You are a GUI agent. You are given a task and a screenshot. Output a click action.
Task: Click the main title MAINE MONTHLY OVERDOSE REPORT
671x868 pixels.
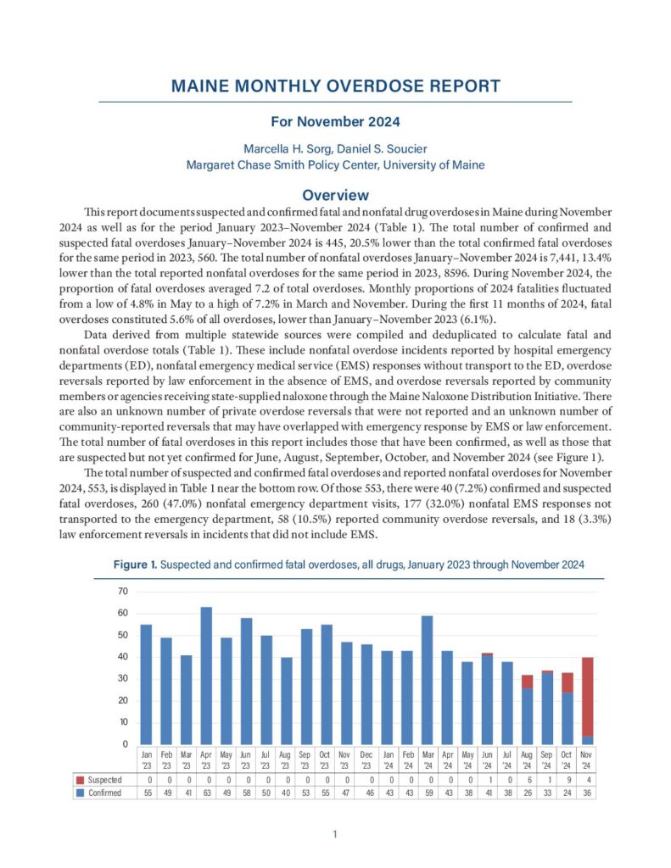click(335, 86)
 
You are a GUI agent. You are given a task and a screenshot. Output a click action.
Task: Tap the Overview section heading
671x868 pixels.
click(335, 195)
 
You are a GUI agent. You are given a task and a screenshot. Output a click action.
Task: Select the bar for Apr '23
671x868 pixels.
click(206, 675)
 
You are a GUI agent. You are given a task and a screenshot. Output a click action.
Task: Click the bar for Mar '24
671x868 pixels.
click(427, 679)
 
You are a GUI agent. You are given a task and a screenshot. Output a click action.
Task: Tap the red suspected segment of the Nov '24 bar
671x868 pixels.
click(587, 695)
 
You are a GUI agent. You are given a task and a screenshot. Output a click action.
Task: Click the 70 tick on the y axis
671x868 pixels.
click(122, 591)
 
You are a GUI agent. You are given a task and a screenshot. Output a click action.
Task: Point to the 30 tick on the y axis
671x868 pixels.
click(122, 678)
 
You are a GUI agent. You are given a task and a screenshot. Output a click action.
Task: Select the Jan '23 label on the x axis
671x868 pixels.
click(146, 756)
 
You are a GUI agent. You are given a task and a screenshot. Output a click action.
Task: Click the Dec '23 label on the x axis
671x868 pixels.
click(366, 756)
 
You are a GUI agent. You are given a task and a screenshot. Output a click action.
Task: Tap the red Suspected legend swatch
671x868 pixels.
click(80, 780)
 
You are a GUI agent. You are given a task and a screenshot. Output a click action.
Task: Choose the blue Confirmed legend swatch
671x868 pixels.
click(80, 793)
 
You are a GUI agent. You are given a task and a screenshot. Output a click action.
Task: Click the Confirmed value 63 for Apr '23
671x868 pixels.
click(206, 793)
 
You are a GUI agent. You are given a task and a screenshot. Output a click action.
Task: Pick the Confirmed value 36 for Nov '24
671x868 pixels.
click(587, 793)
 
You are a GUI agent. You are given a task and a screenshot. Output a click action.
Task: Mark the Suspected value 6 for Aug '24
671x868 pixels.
click(528, 780)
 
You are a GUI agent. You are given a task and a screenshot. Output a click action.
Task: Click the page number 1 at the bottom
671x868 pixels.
click(335, 835)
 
